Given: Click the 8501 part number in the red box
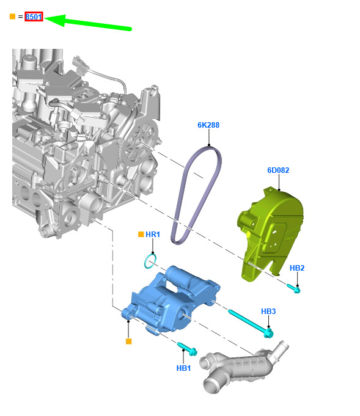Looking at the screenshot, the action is coord(34,16).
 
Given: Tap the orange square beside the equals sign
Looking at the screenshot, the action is coord(12,16).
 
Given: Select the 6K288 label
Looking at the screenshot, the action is coord(208,125).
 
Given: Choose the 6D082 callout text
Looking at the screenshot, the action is coord(278,170).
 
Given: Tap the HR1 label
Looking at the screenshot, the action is coord(153,234).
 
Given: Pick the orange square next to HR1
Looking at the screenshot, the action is coord(141,234).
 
